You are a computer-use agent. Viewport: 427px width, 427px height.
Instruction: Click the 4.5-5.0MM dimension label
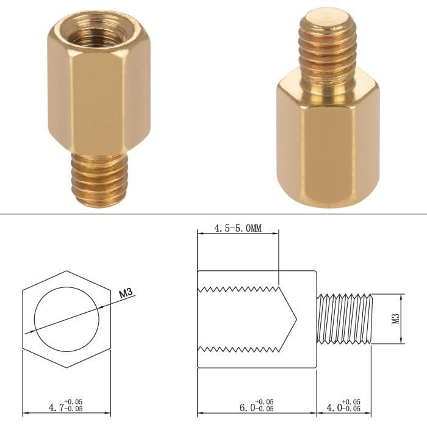click(x=238, y=228)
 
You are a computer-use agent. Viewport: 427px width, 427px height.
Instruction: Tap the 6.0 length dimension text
click(x=247, y=407)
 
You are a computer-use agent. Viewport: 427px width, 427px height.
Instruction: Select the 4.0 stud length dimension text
click(x=334, y=407)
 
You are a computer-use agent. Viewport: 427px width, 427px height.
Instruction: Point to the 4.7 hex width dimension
click(x=56, y=407)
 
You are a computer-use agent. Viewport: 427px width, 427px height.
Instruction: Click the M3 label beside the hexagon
click(x=126, y=293)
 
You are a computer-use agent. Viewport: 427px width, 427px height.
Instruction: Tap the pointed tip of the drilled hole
click(x=296, y=319)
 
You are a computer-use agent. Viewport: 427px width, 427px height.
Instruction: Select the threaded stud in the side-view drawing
click(x=345, y=319)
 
